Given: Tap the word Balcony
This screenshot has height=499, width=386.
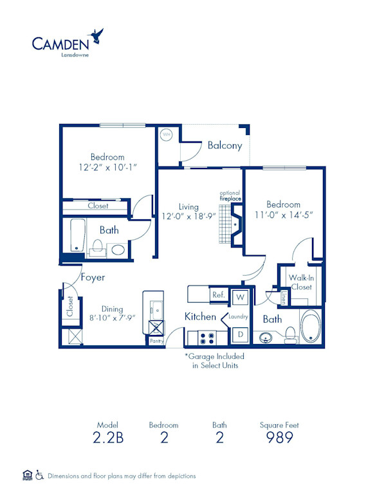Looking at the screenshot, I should pos(225,145).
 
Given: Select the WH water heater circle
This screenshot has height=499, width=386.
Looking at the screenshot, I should pos(165,135).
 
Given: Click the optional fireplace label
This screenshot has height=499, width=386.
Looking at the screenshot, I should pos(230,196).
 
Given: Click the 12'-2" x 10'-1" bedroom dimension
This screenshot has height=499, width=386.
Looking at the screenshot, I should pos(107,167).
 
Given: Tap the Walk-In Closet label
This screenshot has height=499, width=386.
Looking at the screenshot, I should pos(300,282).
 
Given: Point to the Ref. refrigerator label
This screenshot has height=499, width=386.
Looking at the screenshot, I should pos(219,295).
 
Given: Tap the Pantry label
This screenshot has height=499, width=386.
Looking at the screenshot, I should pos(156,341).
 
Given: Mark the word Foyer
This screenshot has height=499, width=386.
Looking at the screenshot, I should pos(93,278).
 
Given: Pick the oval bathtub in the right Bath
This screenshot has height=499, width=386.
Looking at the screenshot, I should pos(311,327).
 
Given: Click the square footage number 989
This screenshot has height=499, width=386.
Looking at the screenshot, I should pos(279,438).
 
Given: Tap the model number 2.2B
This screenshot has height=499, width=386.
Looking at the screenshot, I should pos(108,438).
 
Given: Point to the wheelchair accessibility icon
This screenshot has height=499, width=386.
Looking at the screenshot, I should pos(40,476).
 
